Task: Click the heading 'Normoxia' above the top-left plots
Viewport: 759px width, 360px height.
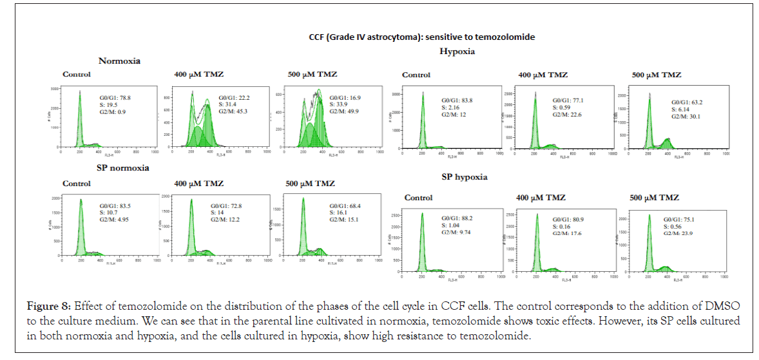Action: (119, 61)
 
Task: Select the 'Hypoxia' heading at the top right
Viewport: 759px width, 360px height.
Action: (457, 52)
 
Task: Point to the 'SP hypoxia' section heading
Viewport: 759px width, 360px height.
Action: (463, 176)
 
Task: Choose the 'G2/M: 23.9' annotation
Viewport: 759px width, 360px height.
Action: (682, 234)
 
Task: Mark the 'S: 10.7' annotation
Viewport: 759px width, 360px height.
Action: (102, 212)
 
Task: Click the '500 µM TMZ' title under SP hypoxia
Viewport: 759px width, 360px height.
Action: (655, 198)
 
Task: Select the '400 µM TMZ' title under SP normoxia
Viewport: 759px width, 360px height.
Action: (198, 184)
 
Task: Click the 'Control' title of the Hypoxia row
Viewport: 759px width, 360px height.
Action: (416, 75)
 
